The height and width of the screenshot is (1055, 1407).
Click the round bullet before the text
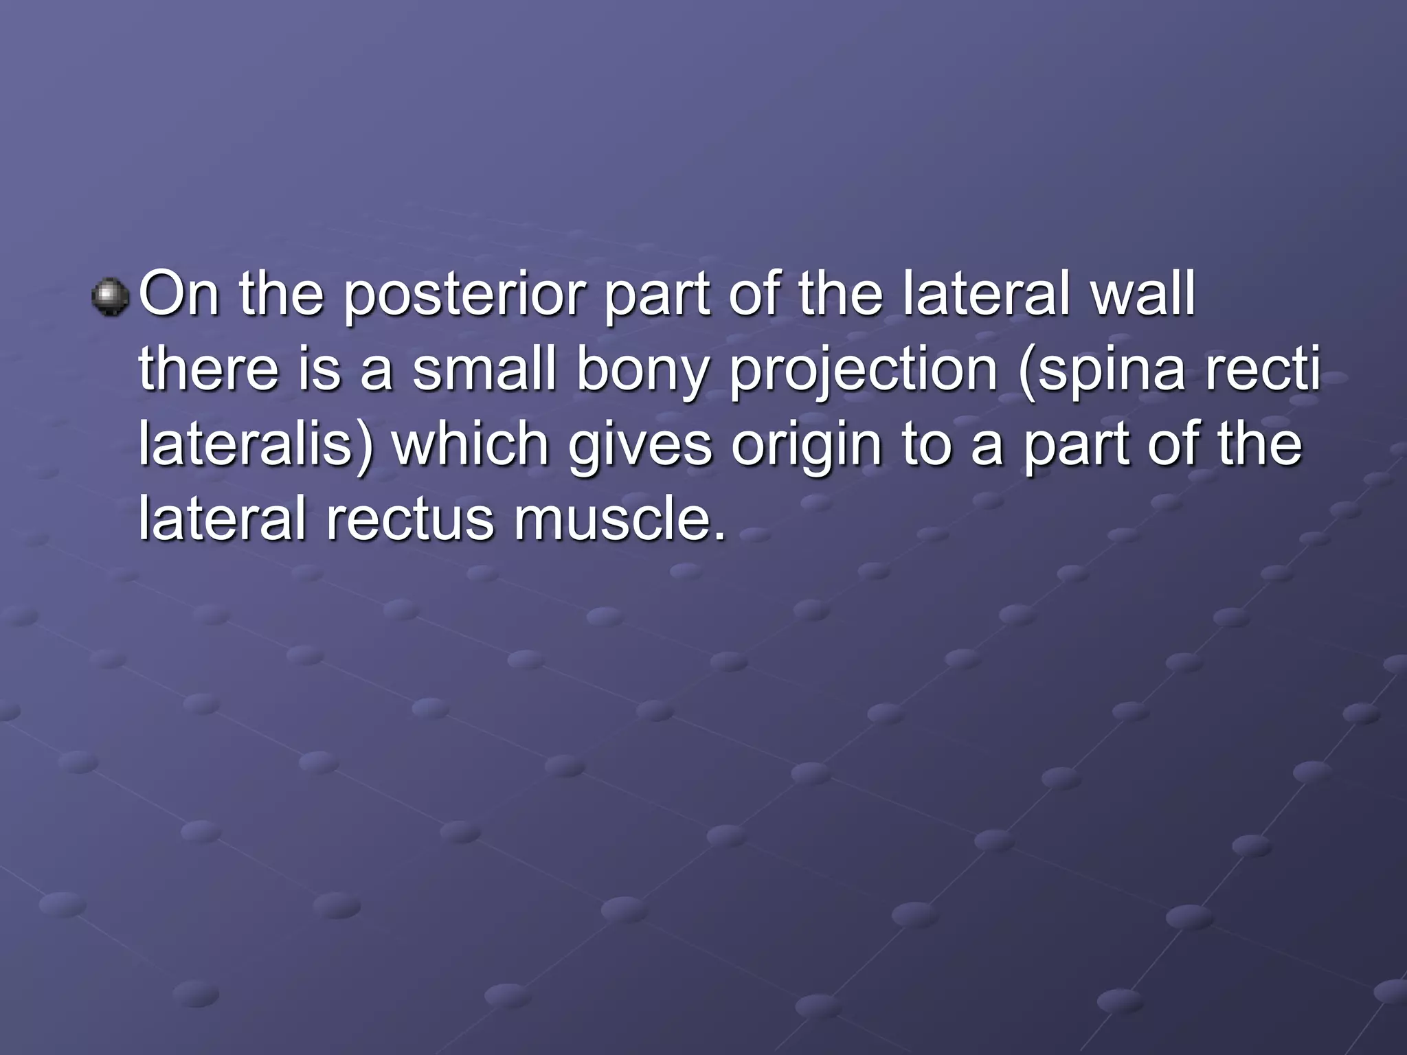[110, 297]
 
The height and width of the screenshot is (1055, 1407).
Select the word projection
[864, 371]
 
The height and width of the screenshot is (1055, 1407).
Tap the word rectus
[410, 519]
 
